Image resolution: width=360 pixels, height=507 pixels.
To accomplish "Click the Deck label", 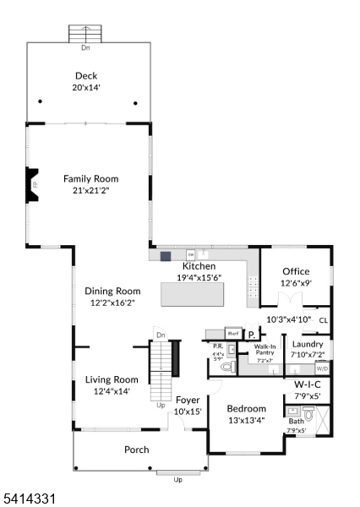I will [x=85, y=75].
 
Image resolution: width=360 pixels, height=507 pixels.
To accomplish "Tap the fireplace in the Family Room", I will [x=31, y=184].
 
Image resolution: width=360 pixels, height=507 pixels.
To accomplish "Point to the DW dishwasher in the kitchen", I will [x=191, y=253].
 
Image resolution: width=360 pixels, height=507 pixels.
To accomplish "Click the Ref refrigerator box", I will [x=232, y=334].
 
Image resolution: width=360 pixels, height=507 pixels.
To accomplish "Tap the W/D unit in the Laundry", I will [x=322, y=369].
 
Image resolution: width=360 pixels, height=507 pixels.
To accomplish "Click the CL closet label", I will [x=323, y=319].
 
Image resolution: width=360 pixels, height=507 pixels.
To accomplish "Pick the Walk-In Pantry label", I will [x=265, y=350].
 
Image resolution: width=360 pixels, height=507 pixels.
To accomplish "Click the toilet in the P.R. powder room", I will [x=225, y=368].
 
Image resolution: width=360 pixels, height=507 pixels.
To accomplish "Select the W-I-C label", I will [x=307, y=384].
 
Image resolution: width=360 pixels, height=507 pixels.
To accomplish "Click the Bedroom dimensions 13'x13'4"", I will [x=247, y=420].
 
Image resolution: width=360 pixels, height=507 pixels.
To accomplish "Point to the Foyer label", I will [x=187, y=400].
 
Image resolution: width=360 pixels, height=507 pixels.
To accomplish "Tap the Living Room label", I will [x=112, y=379].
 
